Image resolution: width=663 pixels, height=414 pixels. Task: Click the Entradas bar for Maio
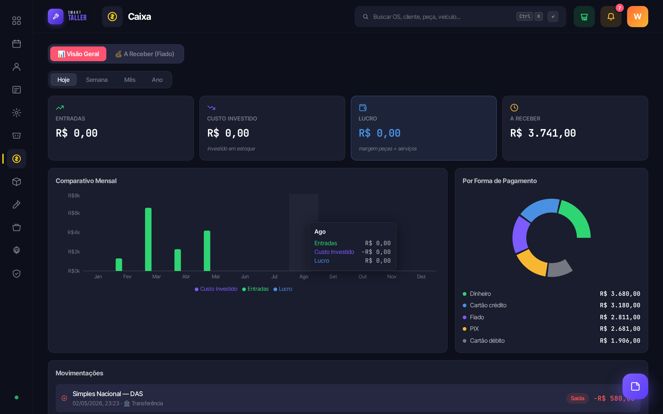click(x=207, y=251)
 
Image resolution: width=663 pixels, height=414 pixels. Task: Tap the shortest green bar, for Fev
click(x=119, y=264)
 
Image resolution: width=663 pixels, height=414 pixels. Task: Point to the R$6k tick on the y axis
click(x=74, y=213)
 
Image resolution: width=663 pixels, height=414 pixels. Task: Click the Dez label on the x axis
click(x=421, y=276)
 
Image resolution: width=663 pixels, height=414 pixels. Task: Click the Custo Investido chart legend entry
click(x=216, y=289)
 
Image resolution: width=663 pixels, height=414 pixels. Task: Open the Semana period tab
click(x=97, y=80)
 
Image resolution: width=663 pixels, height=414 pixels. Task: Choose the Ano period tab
click(x=157, y=80)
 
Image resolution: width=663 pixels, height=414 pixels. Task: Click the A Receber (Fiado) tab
click(x=145, y=54)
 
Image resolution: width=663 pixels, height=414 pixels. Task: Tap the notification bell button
click(x=611, y=17)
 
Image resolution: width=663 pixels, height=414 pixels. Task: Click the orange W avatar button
click(x=637, y=17)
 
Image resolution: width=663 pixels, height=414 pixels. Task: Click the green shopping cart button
click(x=584, y=17)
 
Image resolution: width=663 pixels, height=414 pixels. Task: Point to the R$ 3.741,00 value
click(x=543, y=133)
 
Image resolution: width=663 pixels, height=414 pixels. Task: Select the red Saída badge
click(x=578, y=398)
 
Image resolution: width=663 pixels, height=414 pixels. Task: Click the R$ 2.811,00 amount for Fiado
click(x=620, y=317)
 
